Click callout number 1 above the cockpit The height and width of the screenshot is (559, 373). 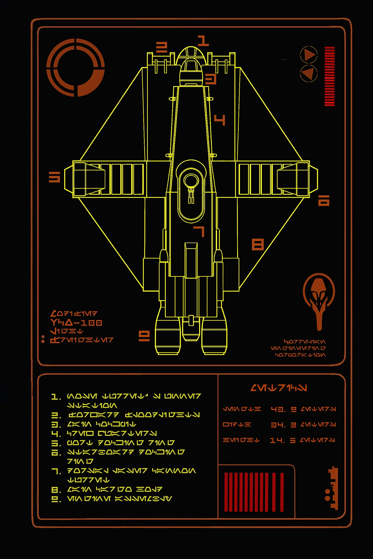[x=203, y=41]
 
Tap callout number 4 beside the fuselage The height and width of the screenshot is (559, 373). [x=220, y=120]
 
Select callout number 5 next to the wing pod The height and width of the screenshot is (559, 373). [x=54, y=177]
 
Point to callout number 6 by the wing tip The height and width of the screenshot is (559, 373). [x=323, y=201]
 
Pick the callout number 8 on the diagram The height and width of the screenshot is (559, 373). [x=258, y=245]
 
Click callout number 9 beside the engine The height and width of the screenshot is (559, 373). [x=144, y=336]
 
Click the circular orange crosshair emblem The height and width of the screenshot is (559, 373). [x=75, y=68]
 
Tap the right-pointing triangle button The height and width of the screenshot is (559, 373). [x=309, y=54]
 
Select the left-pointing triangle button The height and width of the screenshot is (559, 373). [x=309, y=73]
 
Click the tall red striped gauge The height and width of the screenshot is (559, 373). [x=330, y=76]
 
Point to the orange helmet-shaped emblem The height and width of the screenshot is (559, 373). [x=319, y=302]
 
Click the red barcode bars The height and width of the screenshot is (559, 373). [x=254, y=492]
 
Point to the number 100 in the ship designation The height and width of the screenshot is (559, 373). [x=91, y=323]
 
